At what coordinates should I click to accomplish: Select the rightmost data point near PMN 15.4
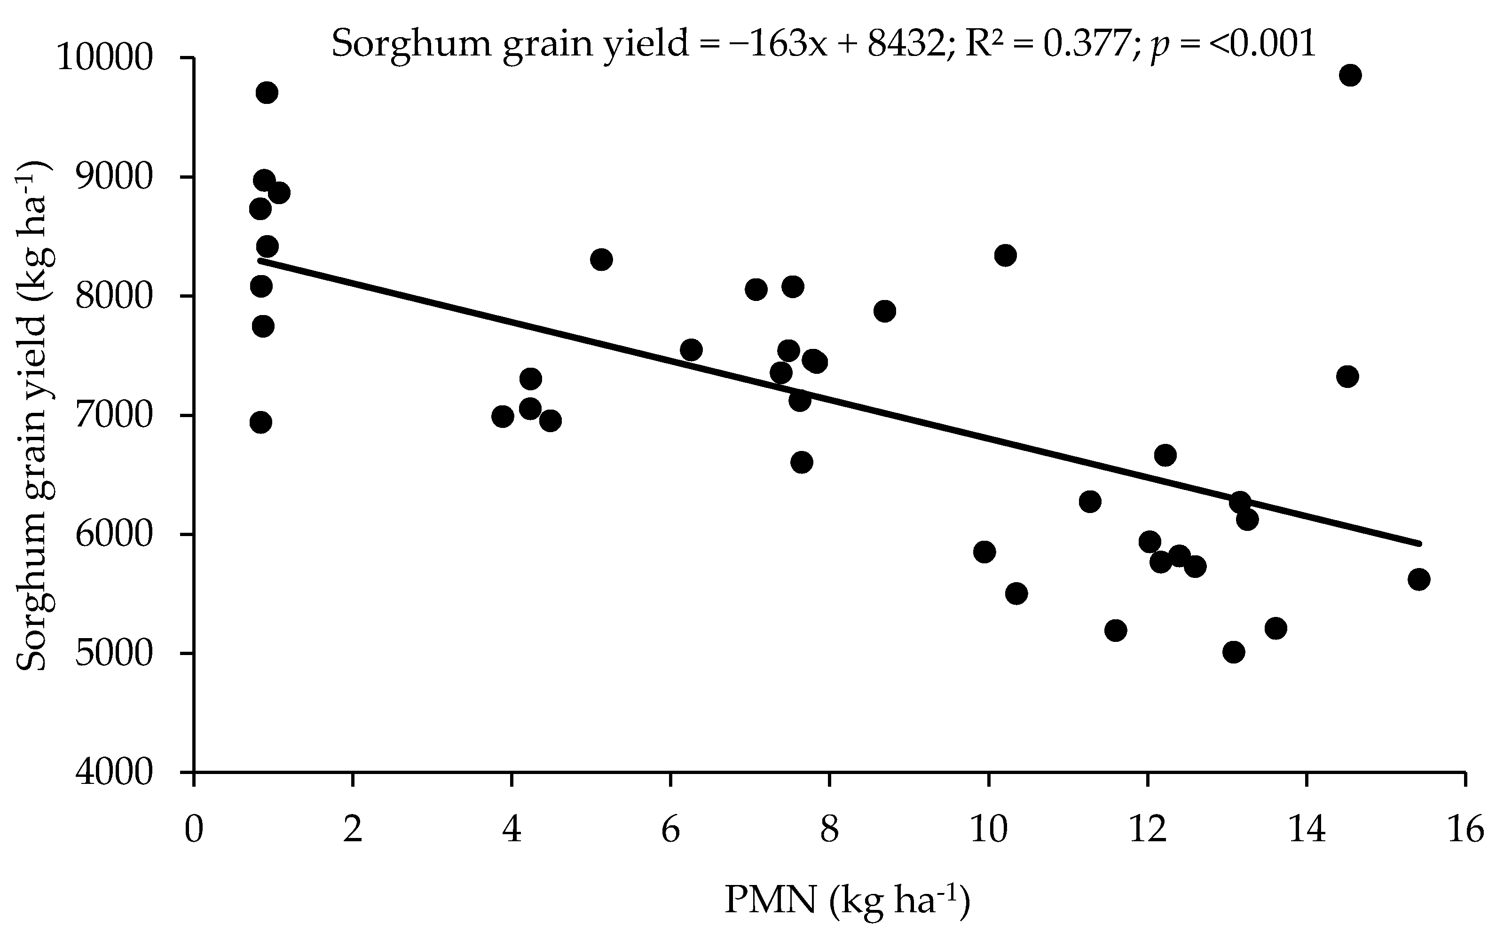[x=1419, y=579]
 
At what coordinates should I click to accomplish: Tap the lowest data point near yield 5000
[x=1233, y=652]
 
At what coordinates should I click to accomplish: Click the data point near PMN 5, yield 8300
[x=601, y=259]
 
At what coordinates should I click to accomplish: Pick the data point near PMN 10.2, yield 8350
[x=1005, y=255]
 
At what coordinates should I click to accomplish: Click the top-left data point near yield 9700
[x=267, y=93]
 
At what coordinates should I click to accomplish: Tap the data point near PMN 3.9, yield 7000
[x=503, y=416]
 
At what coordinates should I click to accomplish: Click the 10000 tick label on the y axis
[x=104, y=58]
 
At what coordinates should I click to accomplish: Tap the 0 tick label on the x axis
[x=195, y=830]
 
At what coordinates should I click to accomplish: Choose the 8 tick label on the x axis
[x=829, y=830]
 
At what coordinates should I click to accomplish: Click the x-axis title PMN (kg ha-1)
[x=847, y=901]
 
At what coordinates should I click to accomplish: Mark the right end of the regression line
[x=1419, y=544]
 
